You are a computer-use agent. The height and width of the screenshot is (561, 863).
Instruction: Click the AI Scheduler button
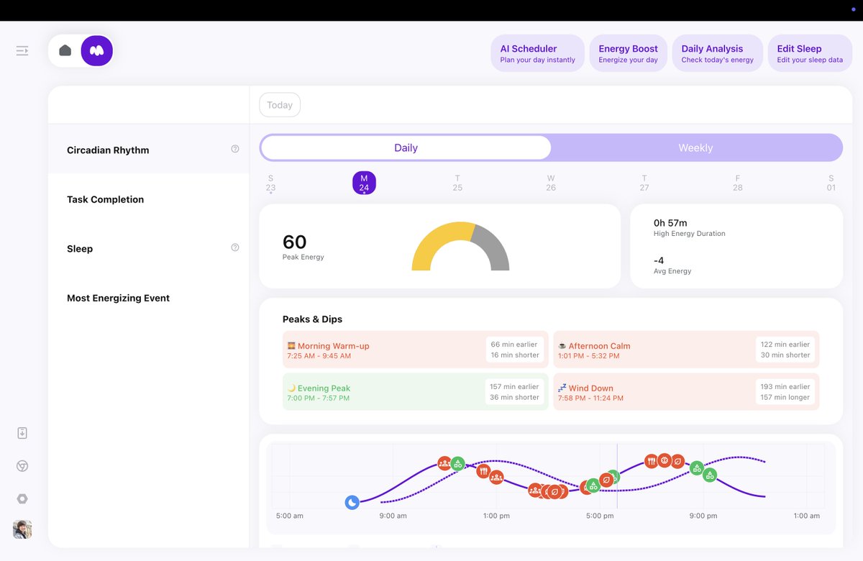(537, 54)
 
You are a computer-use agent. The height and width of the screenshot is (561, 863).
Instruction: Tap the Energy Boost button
(628, 54)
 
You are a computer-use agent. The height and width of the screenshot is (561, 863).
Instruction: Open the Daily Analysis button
(717, 54)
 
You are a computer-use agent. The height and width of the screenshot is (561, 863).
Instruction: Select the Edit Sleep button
(809, 54)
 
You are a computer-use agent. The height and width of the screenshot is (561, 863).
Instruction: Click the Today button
(280, 105)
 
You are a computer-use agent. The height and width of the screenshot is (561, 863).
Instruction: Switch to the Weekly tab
(695, 148)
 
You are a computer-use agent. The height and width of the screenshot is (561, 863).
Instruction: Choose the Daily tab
(406, 148)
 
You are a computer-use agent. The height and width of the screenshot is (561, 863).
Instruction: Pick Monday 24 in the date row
(364, 183)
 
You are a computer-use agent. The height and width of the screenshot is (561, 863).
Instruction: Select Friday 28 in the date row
(737, 183)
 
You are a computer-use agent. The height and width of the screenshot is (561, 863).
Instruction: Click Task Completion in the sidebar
(106, 200)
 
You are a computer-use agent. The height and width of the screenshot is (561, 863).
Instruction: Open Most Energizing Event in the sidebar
(119, 298)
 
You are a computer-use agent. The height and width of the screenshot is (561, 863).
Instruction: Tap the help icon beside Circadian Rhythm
(235, 149)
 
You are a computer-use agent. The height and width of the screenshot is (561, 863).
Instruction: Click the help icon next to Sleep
(235, 247)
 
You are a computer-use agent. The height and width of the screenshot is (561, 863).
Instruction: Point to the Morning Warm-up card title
(333, 346)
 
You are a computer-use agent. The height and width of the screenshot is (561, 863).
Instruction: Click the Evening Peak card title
(324, 388)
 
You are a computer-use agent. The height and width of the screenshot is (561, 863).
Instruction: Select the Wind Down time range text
(590, 398)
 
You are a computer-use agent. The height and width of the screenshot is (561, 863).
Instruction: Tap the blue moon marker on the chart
(352, 503)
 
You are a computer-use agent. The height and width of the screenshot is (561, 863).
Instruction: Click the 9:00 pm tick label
(703, 516)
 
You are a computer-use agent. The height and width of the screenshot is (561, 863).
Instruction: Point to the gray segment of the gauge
(493, 248)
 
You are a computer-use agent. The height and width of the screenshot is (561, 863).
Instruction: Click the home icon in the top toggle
(65, 50)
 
